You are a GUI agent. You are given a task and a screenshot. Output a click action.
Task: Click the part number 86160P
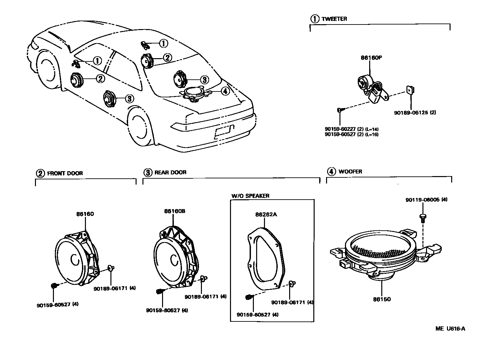pos(371,58)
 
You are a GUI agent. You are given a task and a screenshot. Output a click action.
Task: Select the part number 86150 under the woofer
pos(382,299)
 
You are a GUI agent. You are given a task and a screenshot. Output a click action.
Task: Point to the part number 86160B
pos(174,211)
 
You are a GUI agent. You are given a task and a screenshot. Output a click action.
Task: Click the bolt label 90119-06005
pos(423,200)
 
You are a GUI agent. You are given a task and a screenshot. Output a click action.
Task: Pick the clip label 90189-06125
pos(412,113)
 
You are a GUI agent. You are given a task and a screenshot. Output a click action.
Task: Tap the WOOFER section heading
pos(350,172)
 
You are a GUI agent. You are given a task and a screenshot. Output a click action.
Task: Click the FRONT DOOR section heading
pos(65,173)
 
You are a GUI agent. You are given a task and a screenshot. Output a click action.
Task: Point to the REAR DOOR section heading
pos(170,172)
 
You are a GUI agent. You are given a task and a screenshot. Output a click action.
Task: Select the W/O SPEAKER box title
pos(250,196)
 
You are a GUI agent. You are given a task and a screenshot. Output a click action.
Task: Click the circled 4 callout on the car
pos(225,91)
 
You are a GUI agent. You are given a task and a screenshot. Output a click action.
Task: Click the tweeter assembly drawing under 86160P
pos(372,87)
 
